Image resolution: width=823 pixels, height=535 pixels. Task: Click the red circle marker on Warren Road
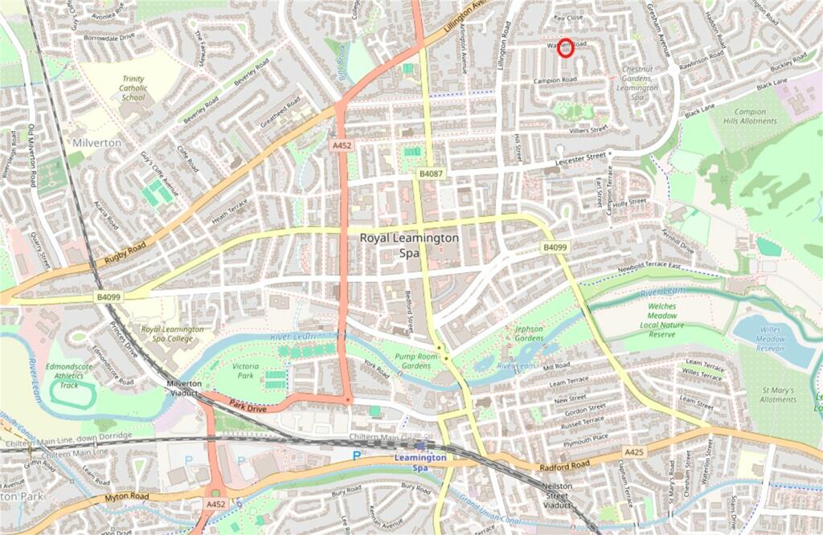pyautogui.click(x=566, y=48)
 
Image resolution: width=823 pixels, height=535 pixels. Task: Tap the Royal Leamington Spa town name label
pyautogui.click(x=409, y=245)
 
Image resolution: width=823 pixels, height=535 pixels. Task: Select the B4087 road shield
pyautogui.click(x=429, y=174)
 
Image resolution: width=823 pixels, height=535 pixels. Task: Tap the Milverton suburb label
pyautogui.click(x=96, y=142)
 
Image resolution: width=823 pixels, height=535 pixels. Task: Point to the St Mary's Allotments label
pyautogui.click(x=778, y=394)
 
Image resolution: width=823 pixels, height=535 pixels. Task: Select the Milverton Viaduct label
pyautogui.click(x=184, y=389)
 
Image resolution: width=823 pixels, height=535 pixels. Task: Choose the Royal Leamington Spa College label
pyautogui.click(x=173, y=334)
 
